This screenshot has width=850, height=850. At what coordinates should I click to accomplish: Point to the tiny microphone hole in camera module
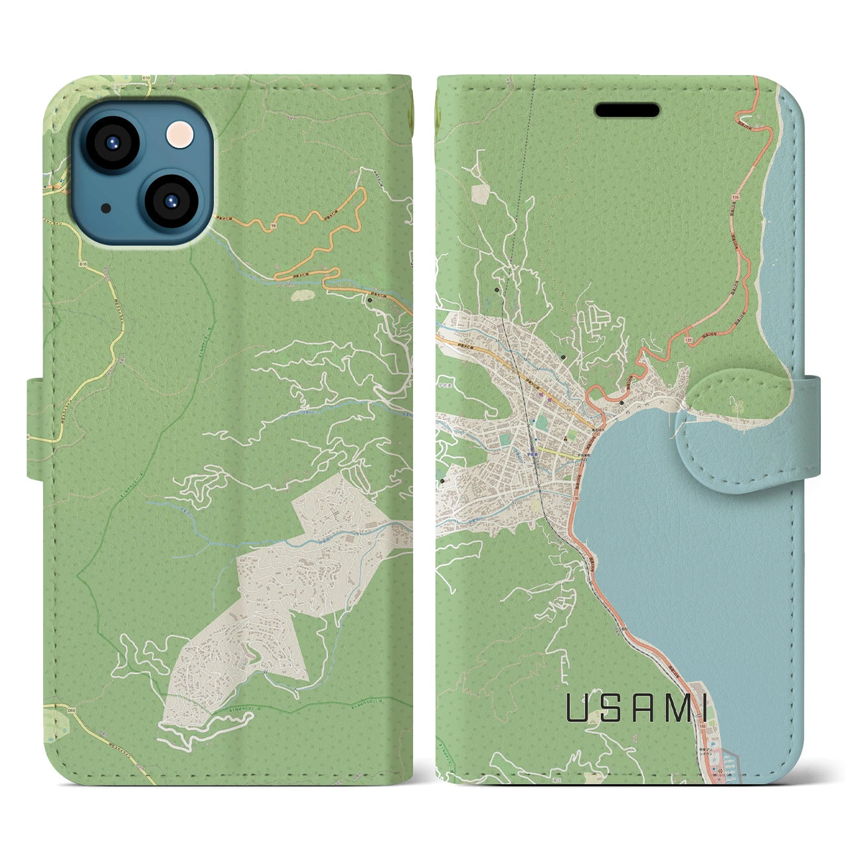click(x=106, y=208)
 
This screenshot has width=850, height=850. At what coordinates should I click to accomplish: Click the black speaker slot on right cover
click(x=627, y=110)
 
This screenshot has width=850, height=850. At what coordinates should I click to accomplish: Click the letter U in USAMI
click(x=576, y=709)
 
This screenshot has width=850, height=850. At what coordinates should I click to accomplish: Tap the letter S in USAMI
click(x=608, y=709)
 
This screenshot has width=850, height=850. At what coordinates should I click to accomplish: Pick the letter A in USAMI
click(x=640, y=709)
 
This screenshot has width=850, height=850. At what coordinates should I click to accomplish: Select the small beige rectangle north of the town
click(x=480, y=193)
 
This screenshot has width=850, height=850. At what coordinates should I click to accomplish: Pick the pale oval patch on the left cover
click(x=304, y=293)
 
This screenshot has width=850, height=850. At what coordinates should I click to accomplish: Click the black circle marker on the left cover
click(x=369, y=299)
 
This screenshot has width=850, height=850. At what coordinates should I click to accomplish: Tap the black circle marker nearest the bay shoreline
click(x=621, y=402)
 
